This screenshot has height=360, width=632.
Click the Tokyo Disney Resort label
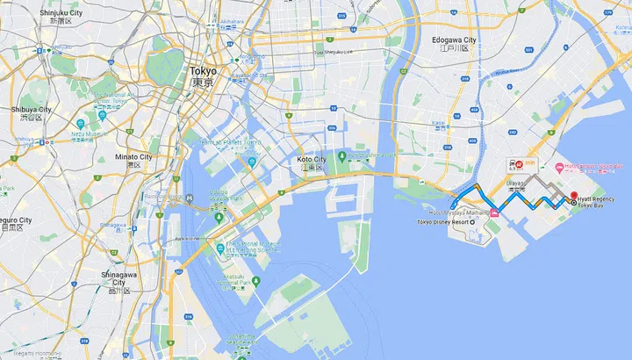pos(442,222)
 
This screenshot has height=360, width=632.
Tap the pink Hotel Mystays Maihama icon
pos(494,212)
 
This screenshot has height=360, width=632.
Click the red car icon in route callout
pos(520,163)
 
